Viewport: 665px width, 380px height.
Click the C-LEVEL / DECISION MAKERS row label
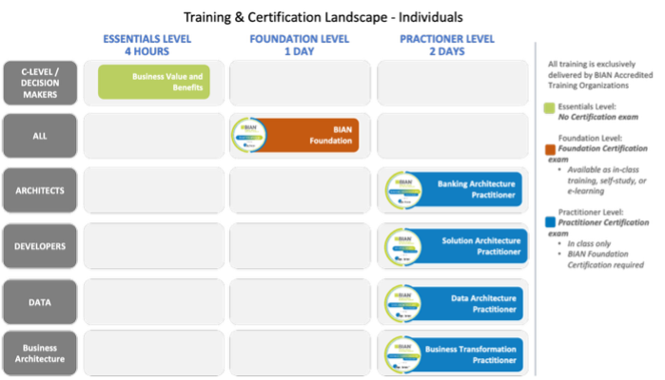40,83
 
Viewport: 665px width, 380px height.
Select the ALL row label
40,136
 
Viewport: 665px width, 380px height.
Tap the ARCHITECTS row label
40,191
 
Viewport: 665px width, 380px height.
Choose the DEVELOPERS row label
40,246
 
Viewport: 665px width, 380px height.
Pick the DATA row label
40,301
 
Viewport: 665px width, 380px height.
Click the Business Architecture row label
40,352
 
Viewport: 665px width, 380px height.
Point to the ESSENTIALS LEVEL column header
147,45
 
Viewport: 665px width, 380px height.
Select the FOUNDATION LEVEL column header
300,45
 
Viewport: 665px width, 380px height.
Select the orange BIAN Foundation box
295,136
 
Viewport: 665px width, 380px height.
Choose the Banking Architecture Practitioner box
452,191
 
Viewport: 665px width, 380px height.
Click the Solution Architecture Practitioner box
452,246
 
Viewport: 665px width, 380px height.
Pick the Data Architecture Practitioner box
452,303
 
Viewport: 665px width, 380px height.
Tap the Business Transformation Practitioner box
452,354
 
